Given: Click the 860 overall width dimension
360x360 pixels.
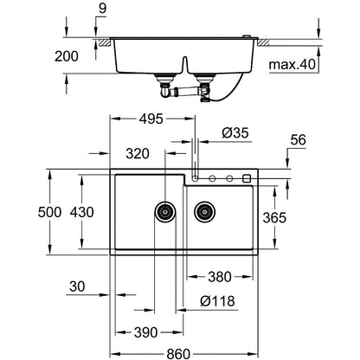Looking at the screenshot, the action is click(x=178, y=354).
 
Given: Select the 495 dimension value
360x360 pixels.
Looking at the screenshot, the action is click(x=151, y=119).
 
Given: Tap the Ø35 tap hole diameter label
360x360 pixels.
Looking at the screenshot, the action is click(x=235, y=133).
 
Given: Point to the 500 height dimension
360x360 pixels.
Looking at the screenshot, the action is click(x=49, y=212).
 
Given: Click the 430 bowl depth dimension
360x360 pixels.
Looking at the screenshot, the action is click(x=82, y=212).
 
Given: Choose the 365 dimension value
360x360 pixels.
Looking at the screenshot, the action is click(x=274, y=217).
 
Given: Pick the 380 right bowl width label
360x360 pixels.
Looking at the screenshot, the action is click(x=220, y=277).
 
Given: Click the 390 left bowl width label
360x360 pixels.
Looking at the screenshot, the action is click(x=146, y=332).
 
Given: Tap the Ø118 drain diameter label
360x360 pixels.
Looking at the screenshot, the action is click(x=217, y=301).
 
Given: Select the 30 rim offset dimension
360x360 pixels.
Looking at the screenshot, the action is click(x=77, y=286).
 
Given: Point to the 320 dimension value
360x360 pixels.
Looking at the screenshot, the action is click(x=138, y=154).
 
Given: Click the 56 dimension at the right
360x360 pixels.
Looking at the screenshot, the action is click(x=298, y=140).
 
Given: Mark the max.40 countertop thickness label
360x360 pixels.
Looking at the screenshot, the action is click(x=292, y=65).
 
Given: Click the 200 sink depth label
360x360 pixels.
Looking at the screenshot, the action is click(x=67, y=56).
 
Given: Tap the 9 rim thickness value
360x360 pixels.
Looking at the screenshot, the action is click(x=102, y=9).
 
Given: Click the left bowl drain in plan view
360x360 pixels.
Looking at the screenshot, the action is click(x=165, y=212).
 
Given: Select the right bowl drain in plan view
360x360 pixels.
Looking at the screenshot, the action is click(x=204, y=212).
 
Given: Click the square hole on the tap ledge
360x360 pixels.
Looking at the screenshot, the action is click(x=247, y=178).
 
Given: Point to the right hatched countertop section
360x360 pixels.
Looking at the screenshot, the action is click(x=263, y=42).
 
